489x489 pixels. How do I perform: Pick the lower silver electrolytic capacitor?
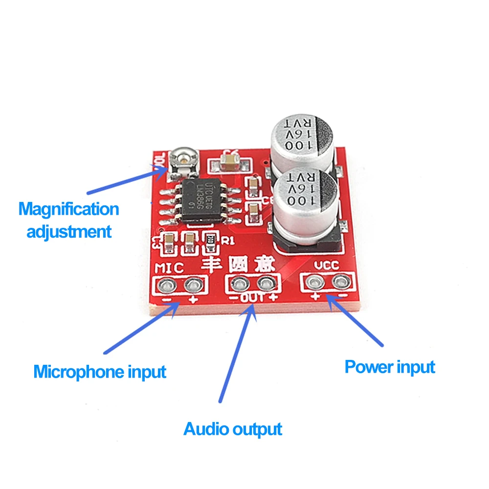click(305, 200)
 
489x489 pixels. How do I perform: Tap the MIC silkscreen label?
click(169, 267)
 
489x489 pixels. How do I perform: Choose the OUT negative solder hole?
click(239, 283)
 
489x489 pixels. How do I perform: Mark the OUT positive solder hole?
click(266, 283)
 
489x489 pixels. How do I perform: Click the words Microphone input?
click(100, 372)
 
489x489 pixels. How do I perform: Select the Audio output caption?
click(233, 429)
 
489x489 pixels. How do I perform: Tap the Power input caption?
click(390, 366)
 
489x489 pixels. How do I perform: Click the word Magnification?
click(69, 209)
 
